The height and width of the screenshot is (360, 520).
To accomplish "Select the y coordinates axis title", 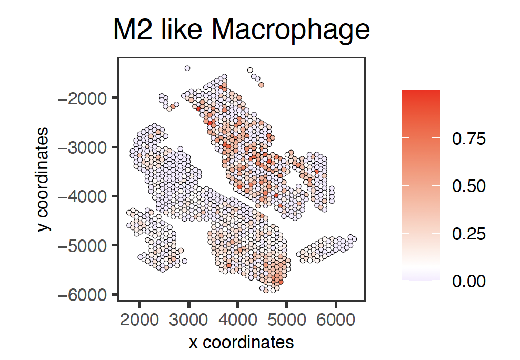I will point(45,178).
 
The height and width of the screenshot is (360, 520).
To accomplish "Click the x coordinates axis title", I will point(241,343).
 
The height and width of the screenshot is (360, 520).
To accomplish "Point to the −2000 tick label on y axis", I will point(84,98).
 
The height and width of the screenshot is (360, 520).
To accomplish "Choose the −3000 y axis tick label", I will point(84,147).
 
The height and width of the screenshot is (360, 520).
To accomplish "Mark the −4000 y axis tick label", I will point(84,196).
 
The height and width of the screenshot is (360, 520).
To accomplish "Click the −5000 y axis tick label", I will point(84,245).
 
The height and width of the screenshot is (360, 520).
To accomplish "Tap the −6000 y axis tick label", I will point(84,294).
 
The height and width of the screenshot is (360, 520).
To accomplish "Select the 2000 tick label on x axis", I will point(139,319).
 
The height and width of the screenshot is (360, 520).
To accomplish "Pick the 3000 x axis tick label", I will point(188,319).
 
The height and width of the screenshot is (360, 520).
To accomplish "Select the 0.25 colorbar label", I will point(468,234).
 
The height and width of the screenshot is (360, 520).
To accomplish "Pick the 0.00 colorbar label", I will point(468,281).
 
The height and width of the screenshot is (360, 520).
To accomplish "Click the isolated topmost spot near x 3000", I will point(187,68).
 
